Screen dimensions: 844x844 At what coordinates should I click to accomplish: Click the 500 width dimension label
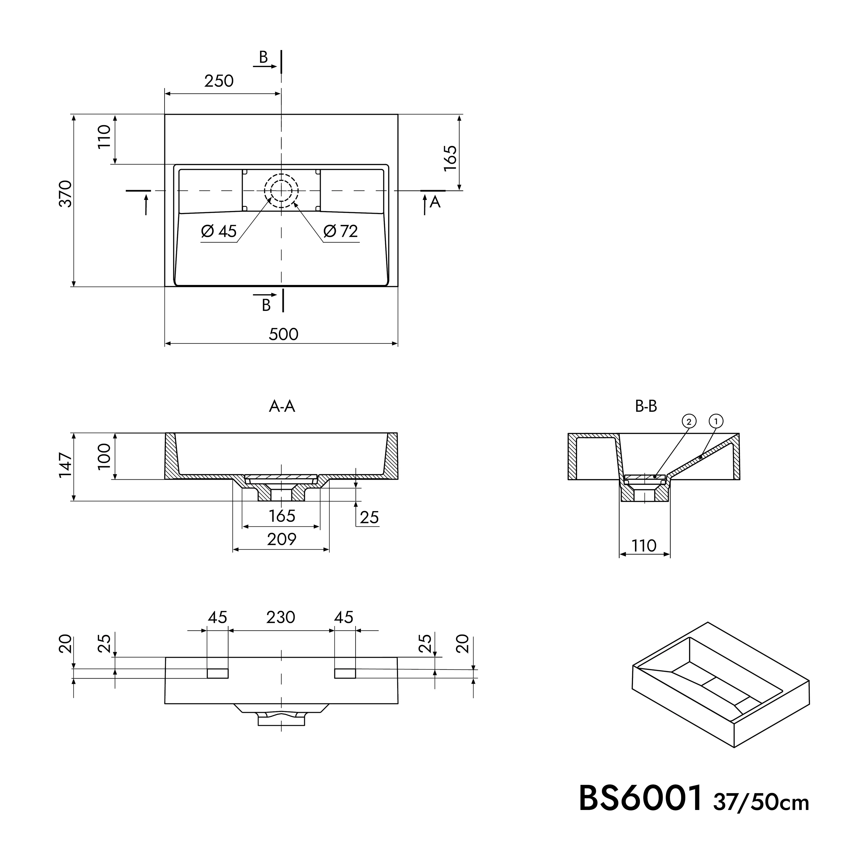point(284,334)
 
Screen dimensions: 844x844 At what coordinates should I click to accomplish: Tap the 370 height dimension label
point(66,194)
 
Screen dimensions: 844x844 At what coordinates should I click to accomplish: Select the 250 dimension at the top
point(219,81)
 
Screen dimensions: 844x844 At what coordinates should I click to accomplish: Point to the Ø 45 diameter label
point(219,231)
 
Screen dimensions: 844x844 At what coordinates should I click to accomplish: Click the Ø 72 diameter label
point(341,231)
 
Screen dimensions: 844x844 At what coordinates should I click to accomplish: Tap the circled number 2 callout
point(689,421)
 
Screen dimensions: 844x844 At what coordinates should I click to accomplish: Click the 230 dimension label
point(280,617)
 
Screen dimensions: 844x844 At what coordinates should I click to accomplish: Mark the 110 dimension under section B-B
point(644,546)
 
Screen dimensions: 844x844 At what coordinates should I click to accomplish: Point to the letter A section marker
point(435,202)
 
